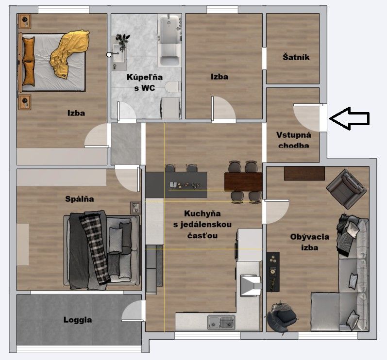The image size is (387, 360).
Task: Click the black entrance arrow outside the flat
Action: (350, 118)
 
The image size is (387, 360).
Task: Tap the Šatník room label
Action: (296, 57)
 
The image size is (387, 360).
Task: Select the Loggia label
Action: (78, 320)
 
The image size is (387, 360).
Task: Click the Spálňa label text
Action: (80, 199)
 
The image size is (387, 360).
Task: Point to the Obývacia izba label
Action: (309, 242)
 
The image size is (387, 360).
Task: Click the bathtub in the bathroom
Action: (169, 41)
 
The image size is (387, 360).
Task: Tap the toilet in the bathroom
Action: (173, 87)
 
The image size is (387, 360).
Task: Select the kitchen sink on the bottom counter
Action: (221, 323)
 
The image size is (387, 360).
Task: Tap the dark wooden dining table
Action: (243, 182)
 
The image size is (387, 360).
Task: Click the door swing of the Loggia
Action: (133, 311)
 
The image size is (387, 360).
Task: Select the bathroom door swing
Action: (127, 111)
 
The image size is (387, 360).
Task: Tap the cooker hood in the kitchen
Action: (251, 285)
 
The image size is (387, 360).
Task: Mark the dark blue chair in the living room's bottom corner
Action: (281, 317)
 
